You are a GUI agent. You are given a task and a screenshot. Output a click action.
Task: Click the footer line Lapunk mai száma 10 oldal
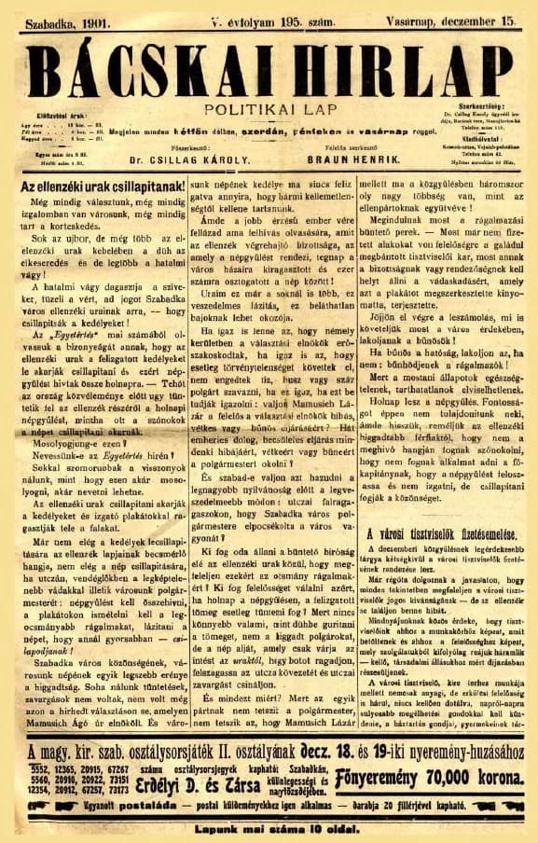(x=269, y=826)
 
